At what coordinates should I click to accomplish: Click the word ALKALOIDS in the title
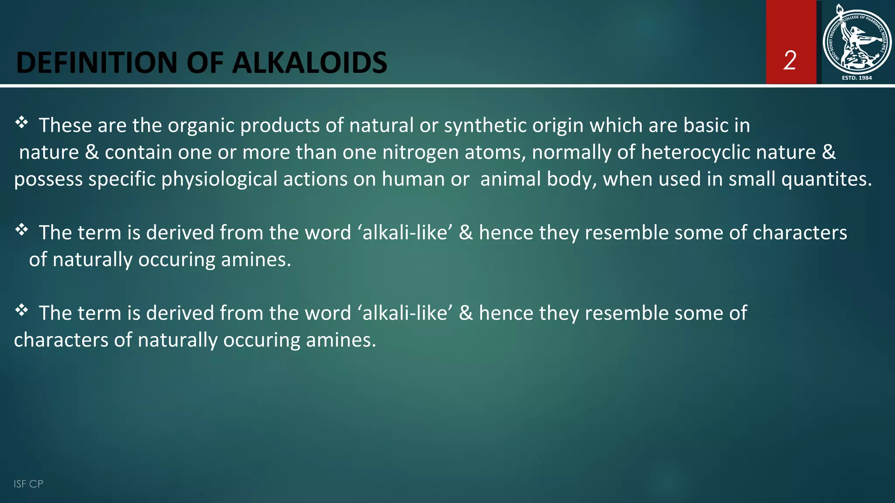309,62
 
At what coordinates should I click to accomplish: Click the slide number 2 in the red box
790,60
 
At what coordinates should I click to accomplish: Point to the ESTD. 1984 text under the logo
857,78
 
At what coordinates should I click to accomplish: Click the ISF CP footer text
28,484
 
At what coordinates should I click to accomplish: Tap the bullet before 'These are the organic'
21,123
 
